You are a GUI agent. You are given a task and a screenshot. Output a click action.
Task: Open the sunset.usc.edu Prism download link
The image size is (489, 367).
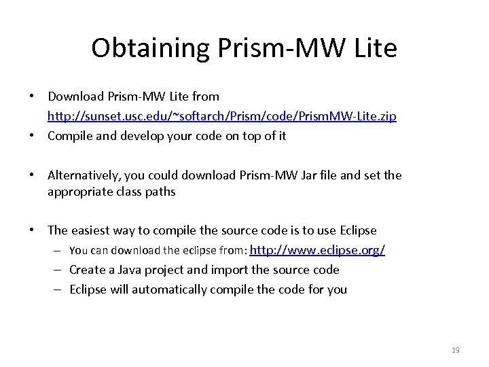click(222, 116)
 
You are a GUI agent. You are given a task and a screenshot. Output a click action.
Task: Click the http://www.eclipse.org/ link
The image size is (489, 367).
click(317, 250)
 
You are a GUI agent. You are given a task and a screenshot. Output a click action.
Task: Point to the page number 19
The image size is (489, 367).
click(455, 350)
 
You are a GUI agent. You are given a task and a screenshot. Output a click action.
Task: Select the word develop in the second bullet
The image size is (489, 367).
click(134, 135)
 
